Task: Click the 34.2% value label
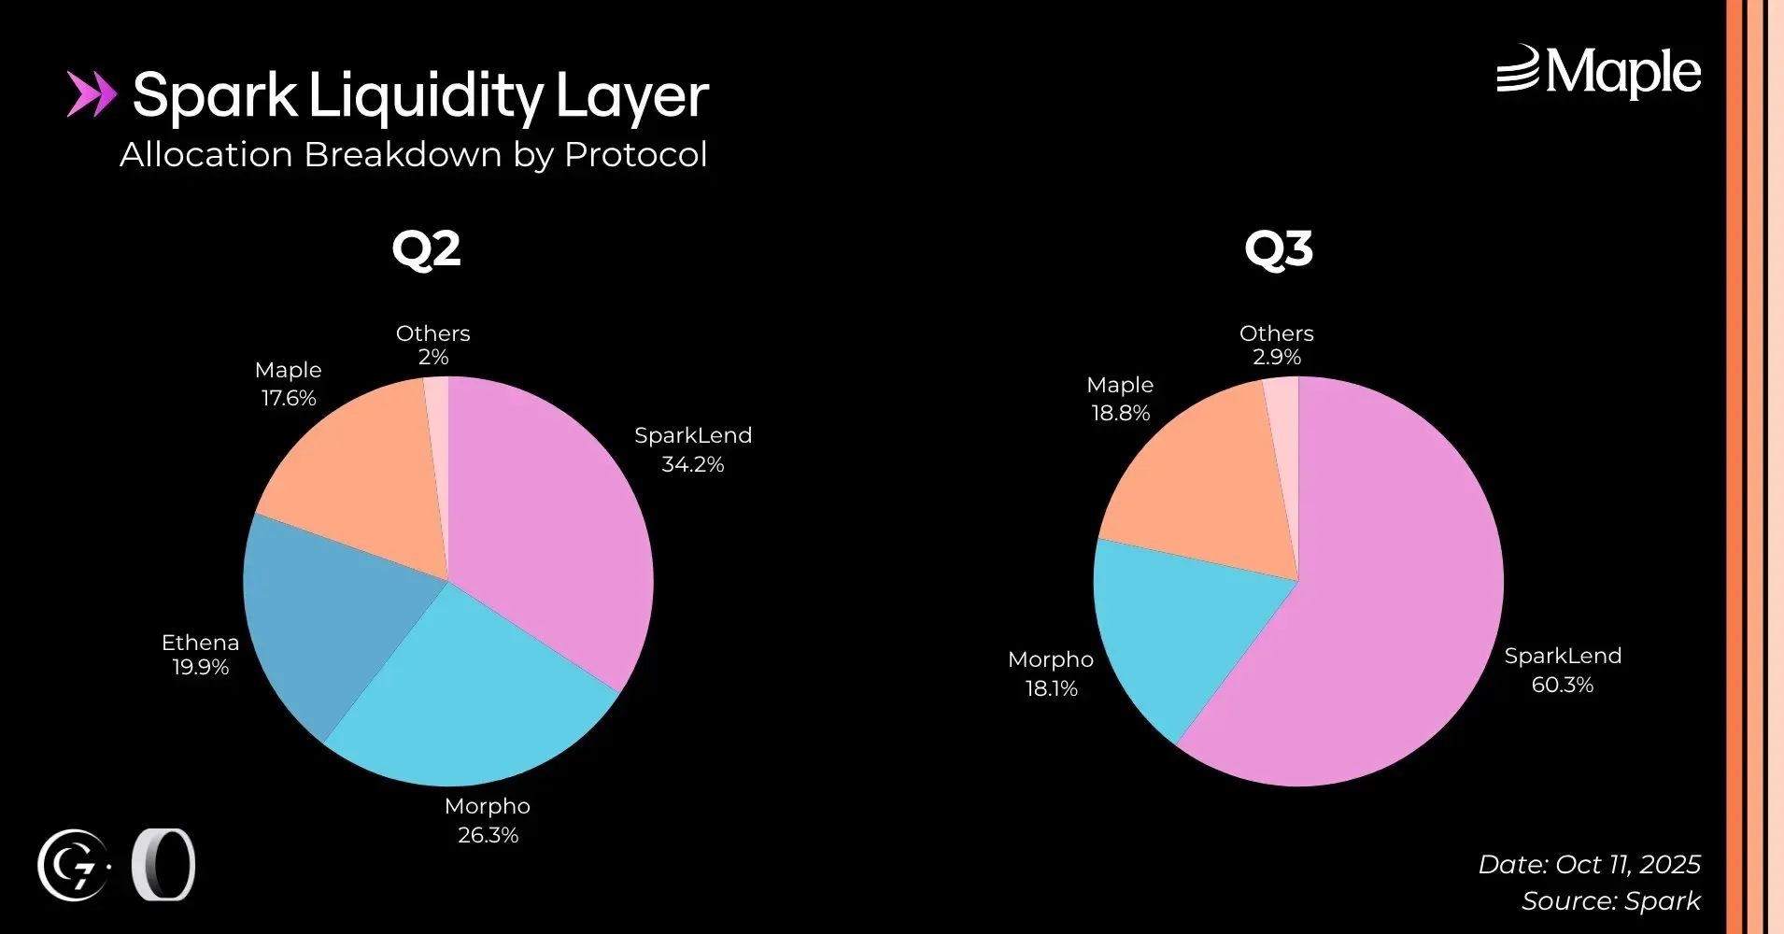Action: (x=693, y=464)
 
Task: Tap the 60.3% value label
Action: (x=1563, y=685)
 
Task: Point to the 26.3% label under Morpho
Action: (x=488, y=835)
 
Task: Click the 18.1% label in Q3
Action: (x=1052, y=688)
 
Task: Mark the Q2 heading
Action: (x=426, y=249)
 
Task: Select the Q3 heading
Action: (x=1279, y=249)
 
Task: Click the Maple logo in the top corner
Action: (x=1598, y=72)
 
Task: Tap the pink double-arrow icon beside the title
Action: (x=92, y=94)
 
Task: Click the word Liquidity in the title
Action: (x=426, y=96)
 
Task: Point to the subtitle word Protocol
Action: (x=636, y=155)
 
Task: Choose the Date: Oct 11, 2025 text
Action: (x=1589, y=864)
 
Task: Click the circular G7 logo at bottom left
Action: (x=74, y=865)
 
